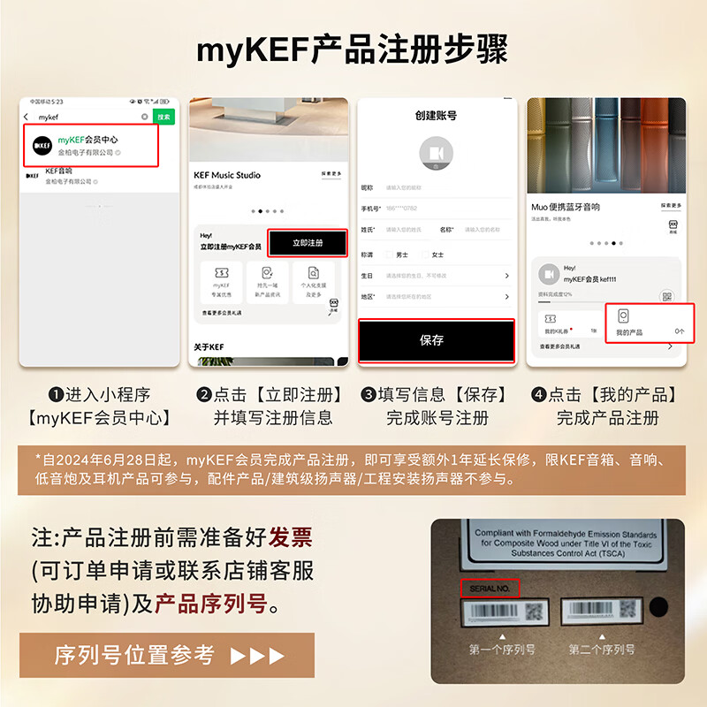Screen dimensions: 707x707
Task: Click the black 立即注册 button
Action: coord(308,243)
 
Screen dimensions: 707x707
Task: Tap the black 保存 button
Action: coord(435,340)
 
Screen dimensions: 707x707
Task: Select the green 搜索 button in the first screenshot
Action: coord(163,117)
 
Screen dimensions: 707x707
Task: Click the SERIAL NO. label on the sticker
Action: coord(491,588)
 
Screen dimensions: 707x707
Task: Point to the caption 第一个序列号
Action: coord(501,650)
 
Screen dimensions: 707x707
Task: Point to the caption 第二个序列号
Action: coord(601,650)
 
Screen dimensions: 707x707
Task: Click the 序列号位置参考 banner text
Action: coord(134,656)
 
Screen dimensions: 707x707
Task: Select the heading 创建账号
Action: coord(436,115)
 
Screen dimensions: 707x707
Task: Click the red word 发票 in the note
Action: coord(291,536)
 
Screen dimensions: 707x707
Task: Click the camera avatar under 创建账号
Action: coord(436,153)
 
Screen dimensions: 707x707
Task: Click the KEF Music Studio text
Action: coord(227,175)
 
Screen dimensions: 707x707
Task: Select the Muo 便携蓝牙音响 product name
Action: coord(566,207)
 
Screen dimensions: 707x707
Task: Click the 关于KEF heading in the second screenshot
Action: coord(210,346)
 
